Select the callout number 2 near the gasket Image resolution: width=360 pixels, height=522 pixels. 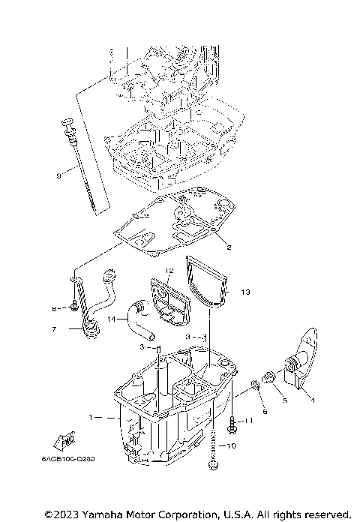click(x=229, y=247)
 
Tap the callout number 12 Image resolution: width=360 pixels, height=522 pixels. click(x=169, y=269)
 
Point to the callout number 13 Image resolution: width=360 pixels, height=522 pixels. click(x=245, y=291)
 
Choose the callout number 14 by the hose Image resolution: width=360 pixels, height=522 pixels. click(x=112, y=319)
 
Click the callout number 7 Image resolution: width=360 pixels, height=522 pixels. click(x=53, y=328)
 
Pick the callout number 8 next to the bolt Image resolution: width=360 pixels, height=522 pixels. click(x=54, y=307)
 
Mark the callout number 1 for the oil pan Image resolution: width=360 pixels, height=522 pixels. click(x=91, y=416)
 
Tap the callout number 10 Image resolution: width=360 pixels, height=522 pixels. click(x=230, y=446)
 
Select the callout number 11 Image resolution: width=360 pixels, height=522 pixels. click(x=250, y=422)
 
